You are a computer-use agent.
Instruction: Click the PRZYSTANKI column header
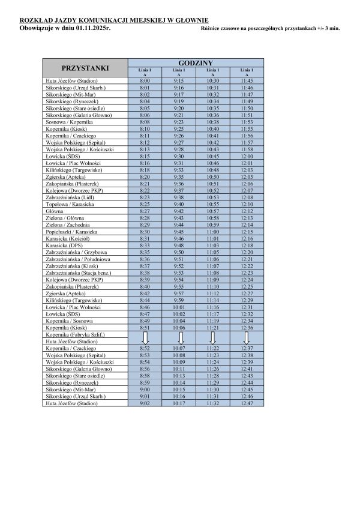85,67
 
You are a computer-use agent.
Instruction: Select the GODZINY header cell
196,63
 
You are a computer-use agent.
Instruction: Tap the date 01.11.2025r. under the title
94,28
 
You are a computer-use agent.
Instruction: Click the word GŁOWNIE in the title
181,20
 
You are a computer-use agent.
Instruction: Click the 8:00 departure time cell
145,80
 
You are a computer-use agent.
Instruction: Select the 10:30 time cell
213,80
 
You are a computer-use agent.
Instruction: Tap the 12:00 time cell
247,156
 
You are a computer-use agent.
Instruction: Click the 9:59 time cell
179,300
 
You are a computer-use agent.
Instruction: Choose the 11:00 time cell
213,232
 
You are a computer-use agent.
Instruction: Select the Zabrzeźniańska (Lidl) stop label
68,197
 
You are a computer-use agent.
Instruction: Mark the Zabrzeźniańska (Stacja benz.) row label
78,273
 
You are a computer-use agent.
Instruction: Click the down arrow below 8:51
145,337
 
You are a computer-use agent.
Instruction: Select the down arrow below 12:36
247,337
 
